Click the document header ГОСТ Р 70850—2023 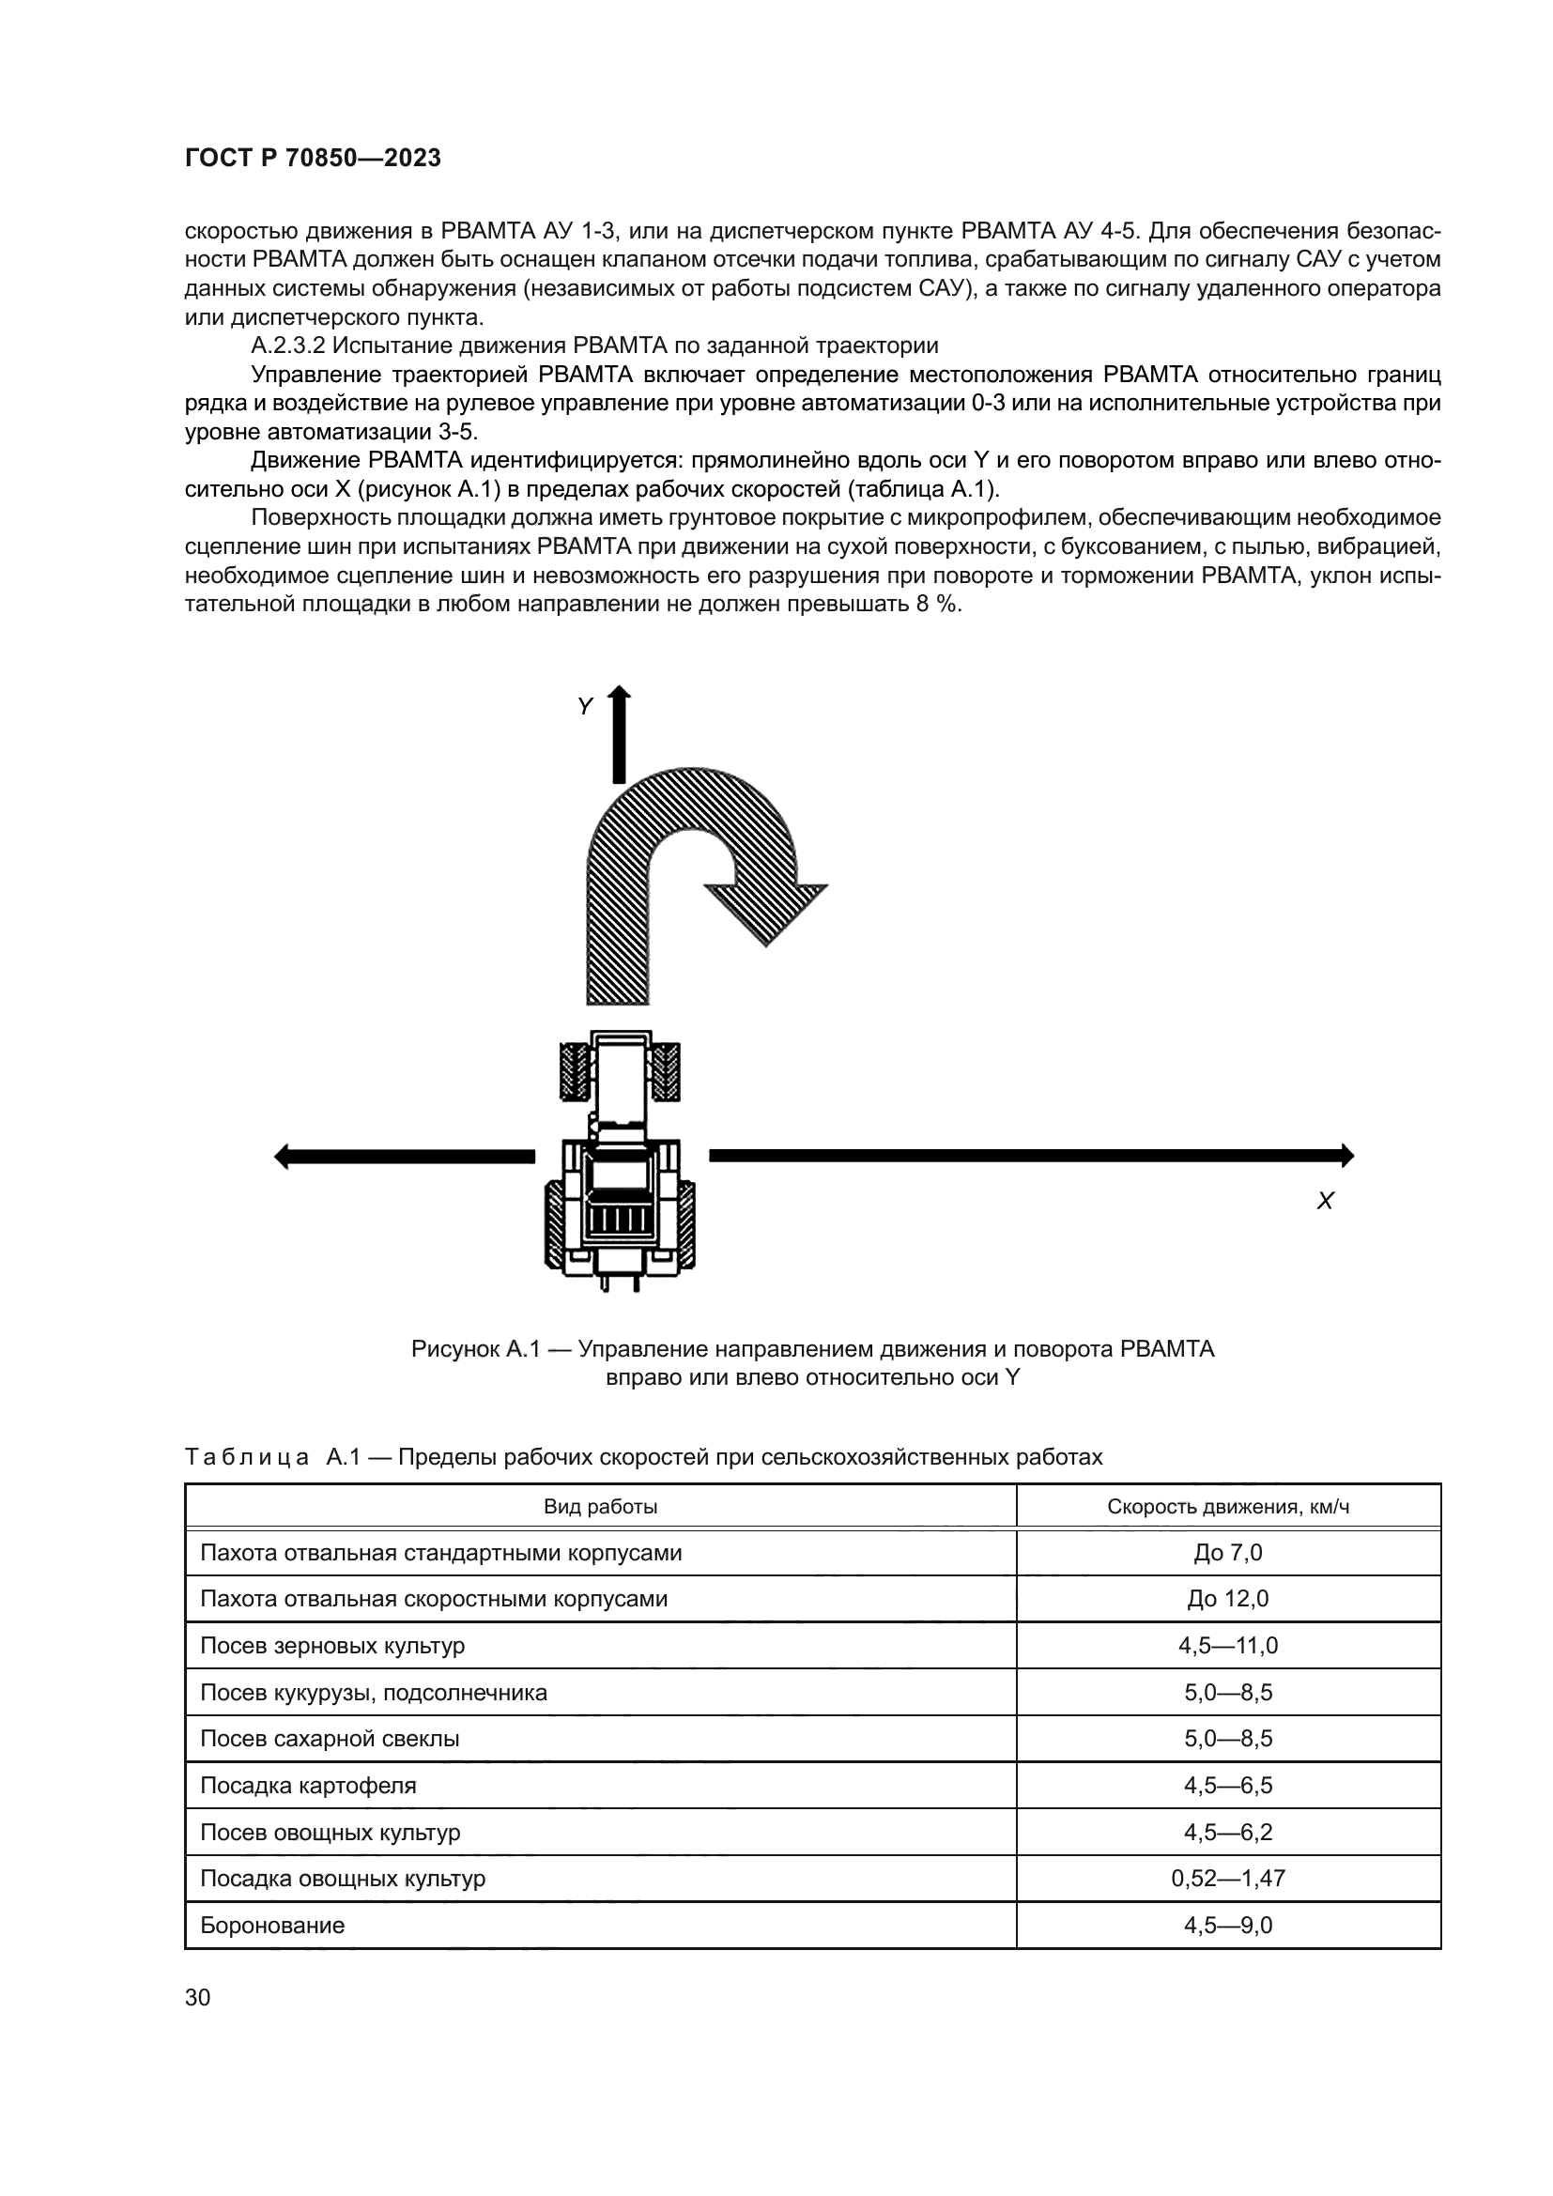(313, 159)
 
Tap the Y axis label (585, 707)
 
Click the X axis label (1325, 1203)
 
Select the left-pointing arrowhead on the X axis (282, 1157)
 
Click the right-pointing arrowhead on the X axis (1346, 1156)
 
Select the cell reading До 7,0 (1228, 1552)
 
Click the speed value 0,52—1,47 (1228, 1879)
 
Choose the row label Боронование (272, 1926)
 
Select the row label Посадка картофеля (308, 1786)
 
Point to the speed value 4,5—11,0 (1228, 1646)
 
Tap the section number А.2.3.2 (288, 346)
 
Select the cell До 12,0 (1228, 1599)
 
